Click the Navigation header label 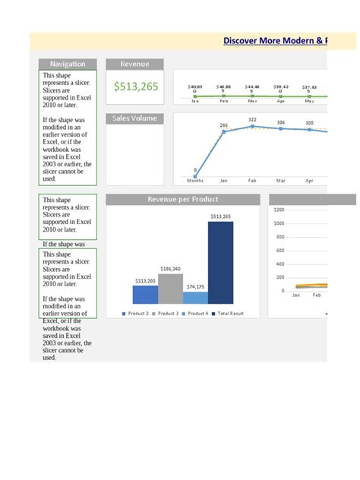(68, 65)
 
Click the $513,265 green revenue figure (136, 87)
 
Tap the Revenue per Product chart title (182, 200)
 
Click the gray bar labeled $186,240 (171, 289)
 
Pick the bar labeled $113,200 (146, 295)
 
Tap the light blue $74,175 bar (196, 298)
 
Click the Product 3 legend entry (168, 314)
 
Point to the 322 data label (252, 120)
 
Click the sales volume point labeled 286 (224, 131)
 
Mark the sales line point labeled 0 (195, 176)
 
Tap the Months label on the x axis (195, 182)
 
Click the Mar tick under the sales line (280, 182)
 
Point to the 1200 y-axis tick (279, 210)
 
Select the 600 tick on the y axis (280, 250)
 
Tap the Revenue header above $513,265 (135, 65)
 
